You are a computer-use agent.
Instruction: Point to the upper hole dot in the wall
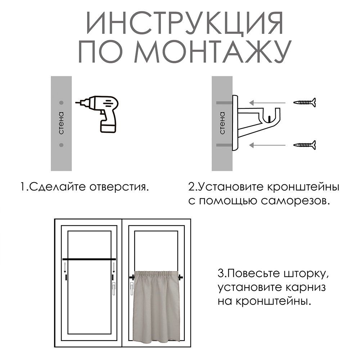[61, 103]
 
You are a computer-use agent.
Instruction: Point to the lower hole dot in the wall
[61, 145]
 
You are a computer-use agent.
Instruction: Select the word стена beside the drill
[61, 123]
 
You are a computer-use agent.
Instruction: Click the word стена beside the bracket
[222, 123]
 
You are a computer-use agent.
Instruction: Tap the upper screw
[305, 103]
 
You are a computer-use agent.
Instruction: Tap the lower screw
[305, 145]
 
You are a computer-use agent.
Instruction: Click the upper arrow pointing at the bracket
[268, 103]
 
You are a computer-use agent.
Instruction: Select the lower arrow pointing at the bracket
[268, 145]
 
